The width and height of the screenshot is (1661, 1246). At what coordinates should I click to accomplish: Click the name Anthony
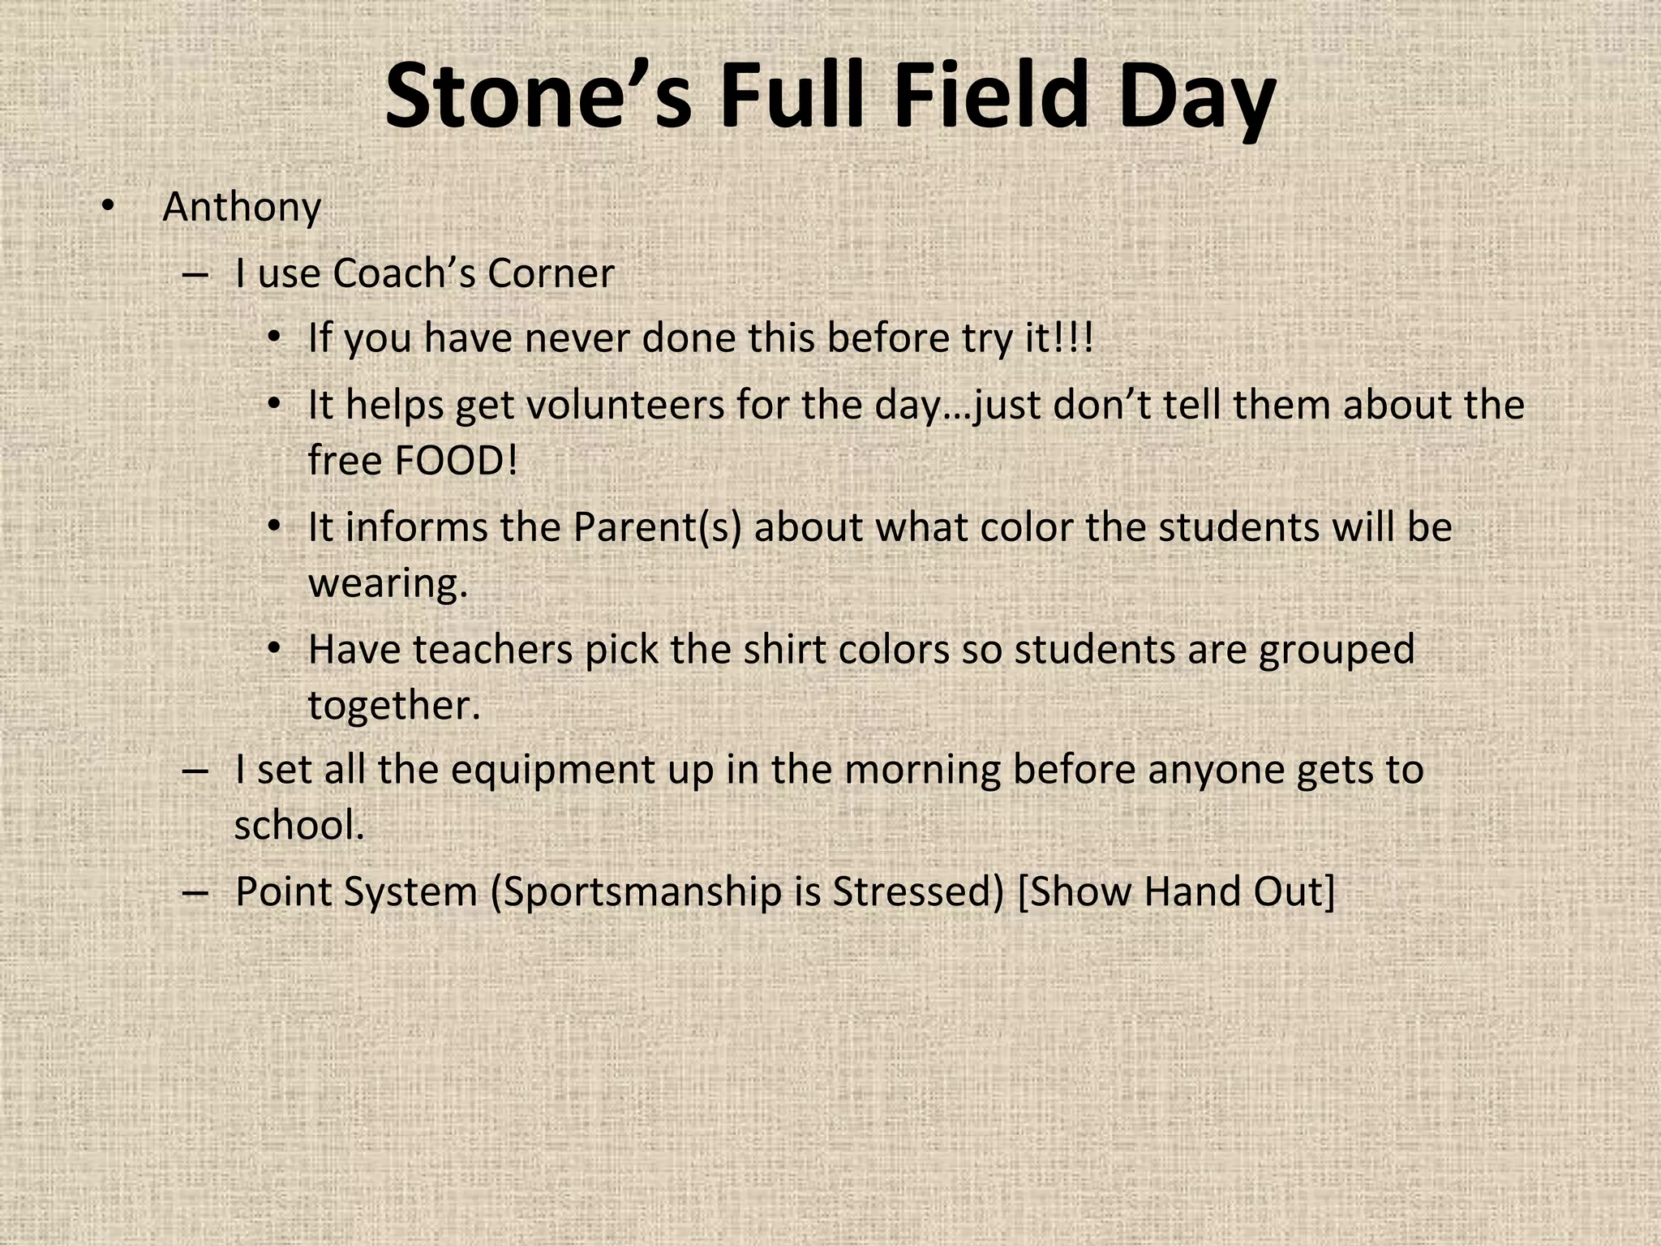coord(242,208)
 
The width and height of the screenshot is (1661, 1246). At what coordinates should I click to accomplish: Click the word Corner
coord(551,273)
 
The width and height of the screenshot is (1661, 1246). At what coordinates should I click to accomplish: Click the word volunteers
coord(625,405)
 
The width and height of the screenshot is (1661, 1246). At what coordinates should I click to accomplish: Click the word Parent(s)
coord(657,527)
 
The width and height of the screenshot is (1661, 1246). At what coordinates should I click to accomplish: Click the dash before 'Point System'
coord(195,892)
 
